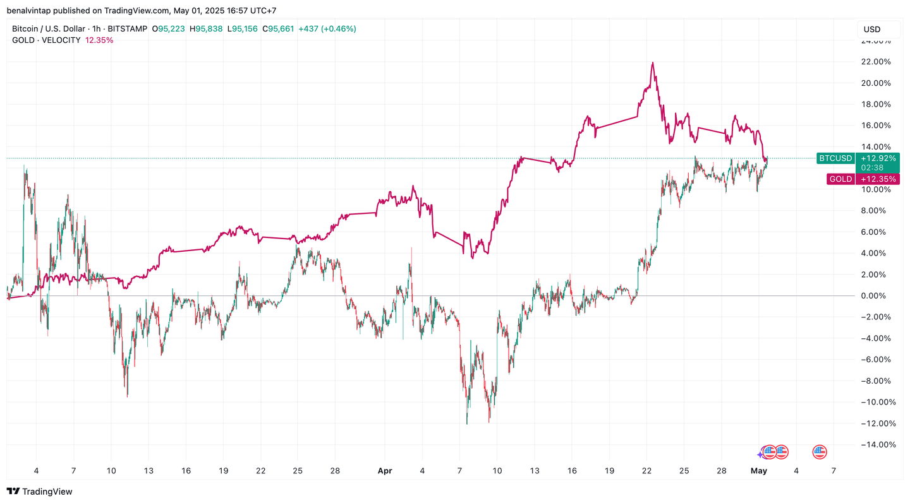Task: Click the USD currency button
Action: click(x=872, y=29)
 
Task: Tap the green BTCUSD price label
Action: click(x=835, y=158)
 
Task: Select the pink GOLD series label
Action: click(x=840, y=179)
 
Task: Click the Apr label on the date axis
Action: click(x=385, y=471)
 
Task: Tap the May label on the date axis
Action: click(x=759, y=471)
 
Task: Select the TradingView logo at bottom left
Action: click(x=39, y=492)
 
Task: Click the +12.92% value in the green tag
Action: click(x=878, y=158)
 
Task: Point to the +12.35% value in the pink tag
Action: click(x=878, y=179)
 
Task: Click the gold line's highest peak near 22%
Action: click(x=652, y=62)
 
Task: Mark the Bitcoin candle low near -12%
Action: click(x=467, y=423)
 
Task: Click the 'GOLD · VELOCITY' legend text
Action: click(x=46, y=40)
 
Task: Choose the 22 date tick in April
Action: click(x=646, y=471)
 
